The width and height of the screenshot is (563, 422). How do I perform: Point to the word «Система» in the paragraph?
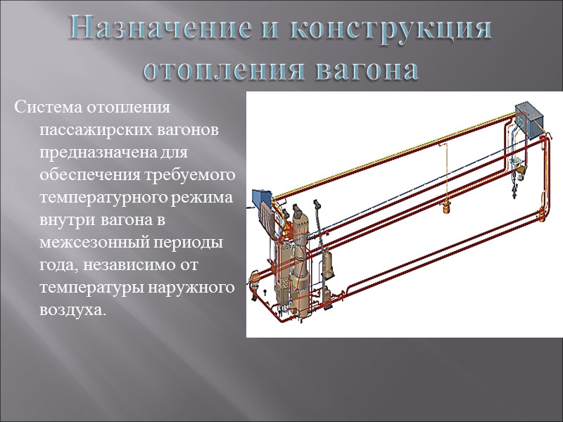46,110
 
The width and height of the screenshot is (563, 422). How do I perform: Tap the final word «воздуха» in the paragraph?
70,309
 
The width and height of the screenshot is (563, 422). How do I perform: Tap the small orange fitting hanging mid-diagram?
445,207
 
